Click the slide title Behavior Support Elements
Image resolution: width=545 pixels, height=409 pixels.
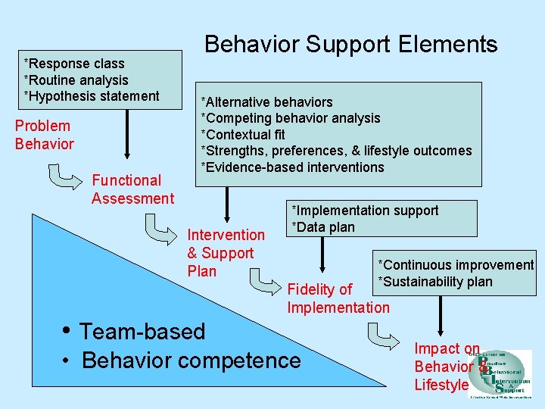pyautogui.click(x=351, y=44)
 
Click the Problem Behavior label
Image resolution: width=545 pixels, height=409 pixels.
pyautogui.click(x=45, y=135)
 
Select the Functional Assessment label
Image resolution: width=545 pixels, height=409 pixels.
pyautogui.click(x=132, y=189)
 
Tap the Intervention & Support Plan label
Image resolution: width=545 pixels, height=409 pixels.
pyautogui.click(x=226, y=253)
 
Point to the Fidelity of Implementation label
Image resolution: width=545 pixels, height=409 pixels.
pyautogui.click(x=338, y=298)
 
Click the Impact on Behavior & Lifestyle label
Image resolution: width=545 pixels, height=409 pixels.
pyautogui.click(x=447, y=367)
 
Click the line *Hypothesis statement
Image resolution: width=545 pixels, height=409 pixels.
pyautogui.click(x=92, y=96)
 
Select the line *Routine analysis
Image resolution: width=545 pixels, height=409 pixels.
pyautogui.click(x=76, y=80)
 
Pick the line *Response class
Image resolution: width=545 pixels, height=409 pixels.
pyautogui.click(x=74, y=64)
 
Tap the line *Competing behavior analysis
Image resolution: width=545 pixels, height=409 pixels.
pyautogui.click(x=290, y=118)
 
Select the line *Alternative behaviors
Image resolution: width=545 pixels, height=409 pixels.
pyautogui.click(x=266, y=102)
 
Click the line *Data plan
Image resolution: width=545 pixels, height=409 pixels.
pyautogui.click(x=323, y=227)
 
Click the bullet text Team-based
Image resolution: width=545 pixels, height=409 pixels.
pyautogui.click(x=142, y=332)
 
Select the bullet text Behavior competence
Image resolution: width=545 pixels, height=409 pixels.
pyautogui.click(x=191, y=361)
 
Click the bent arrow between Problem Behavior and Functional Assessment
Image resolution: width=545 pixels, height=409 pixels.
pyautogui.click(x=64, y=176)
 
